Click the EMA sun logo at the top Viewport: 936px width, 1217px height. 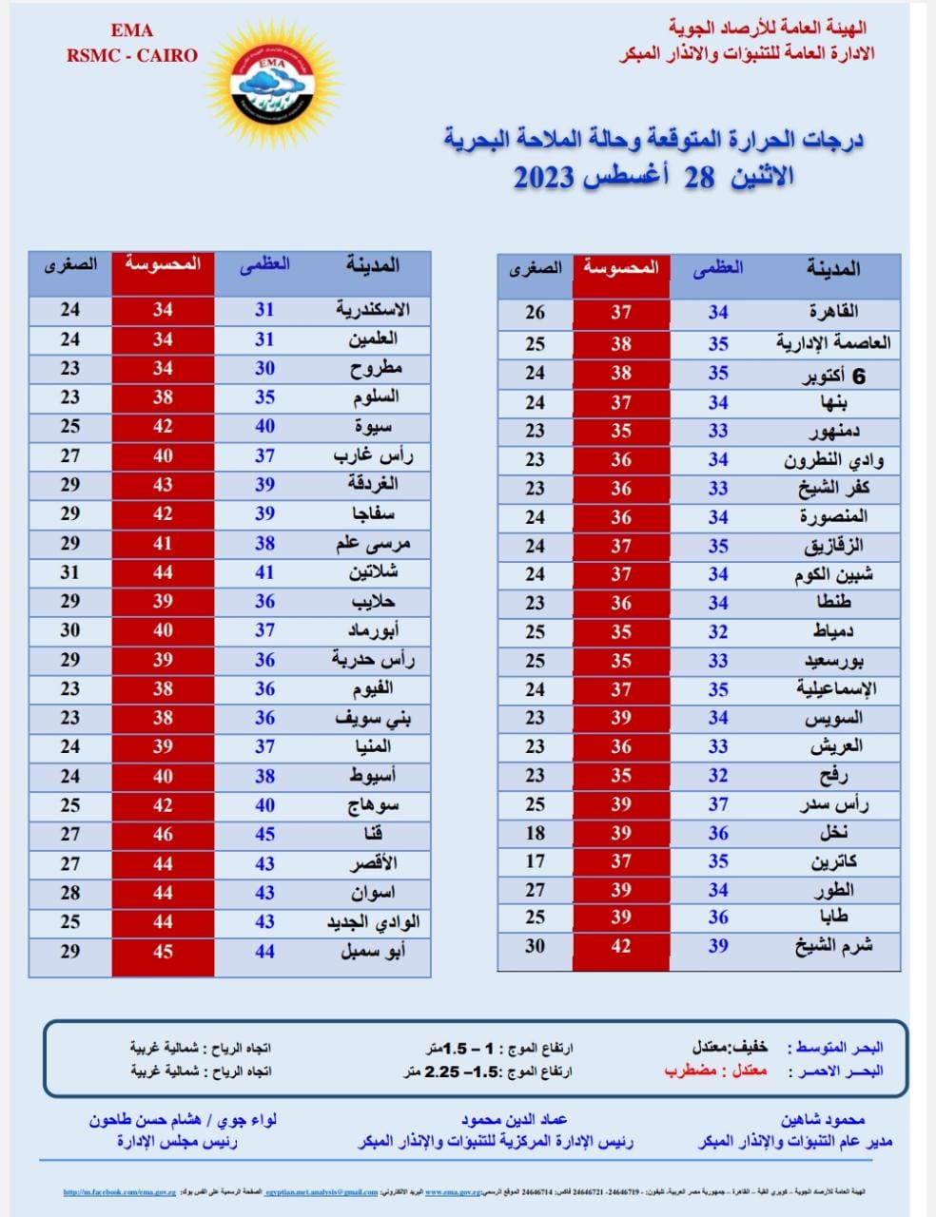pos(272,80)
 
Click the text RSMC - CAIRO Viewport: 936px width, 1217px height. pos(132,55)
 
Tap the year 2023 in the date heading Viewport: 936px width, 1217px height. pos(544,177)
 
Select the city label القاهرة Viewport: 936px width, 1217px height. pos(834,312)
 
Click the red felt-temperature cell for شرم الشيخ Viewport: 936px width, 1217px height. pos(621,946)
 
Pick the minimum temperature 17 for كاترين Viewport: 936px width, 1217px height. pos(536,861)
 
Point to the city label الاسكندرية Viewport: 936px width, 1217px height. pos(373,309)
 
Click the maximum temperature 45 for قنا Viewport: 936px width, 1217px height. pos(264,834)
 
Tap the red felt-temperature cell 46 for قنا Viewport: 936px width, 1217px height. pos(163,834)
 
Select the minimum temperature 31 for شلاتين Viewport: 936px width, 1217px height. pos(70,572)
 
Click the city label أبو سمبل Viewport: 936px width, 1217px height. pos(374,950)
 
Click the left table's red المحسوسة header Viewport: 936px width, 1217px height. pos(163,263)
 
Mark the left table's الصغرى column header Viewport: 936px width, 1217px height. pos(70,263)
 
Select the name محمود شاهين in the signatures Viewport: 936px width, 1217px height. pos(823,1120)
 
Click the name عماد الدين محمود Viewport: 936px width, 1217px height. pos(515,1120)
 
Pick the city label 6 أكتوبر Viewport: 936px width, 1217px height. pos(832,376)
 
